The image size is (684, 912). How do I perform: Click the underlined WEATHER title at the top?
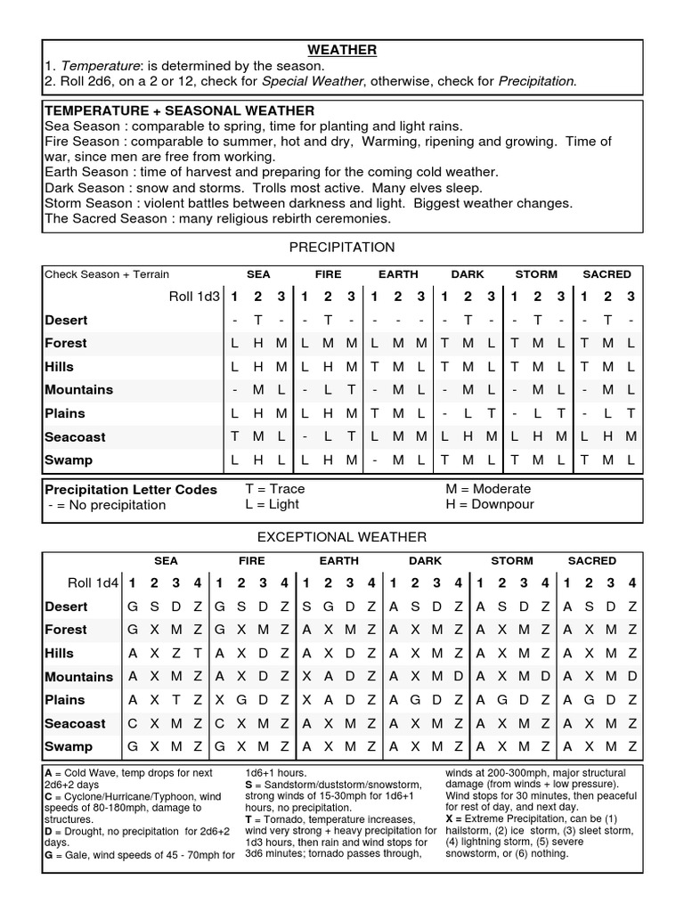[x=343, y=50]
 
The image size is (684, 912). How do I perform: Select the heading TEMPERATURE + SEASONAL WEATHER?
[x=179, y=110]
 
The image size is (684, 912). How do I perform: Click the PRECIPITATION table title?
[x=343, y=247]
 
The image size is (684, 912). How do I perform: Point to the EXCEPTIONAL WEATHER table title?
[x=342, y=536]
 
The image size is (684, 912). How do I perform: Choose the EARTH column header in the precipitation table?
[x=397, y=274]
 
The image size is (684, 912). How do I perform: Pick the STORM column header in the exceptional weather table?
[x=511, y=561]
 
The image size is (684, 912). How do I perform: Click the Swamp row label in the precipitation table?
[x=69, y=460]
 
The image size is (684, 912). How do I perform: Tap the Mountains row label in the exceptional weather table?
[x=79, y=677]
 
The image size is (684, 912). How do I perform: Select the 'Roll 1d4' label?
[x=91, y=583]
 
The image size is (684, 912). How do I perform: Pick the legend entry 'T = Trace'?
[x=274, y=489]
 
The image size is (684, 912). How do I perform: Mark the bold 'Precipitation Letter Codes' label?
[x=131, y=489]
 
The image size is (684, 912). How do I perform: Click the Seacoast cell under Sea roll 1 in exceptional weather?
[x=133, y=723]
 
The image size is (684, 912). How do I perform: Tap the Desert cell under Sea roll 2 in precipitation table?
[x=257, y=321]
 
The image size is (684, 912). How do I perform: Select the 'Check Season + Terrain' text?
[x=107, y=274]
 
